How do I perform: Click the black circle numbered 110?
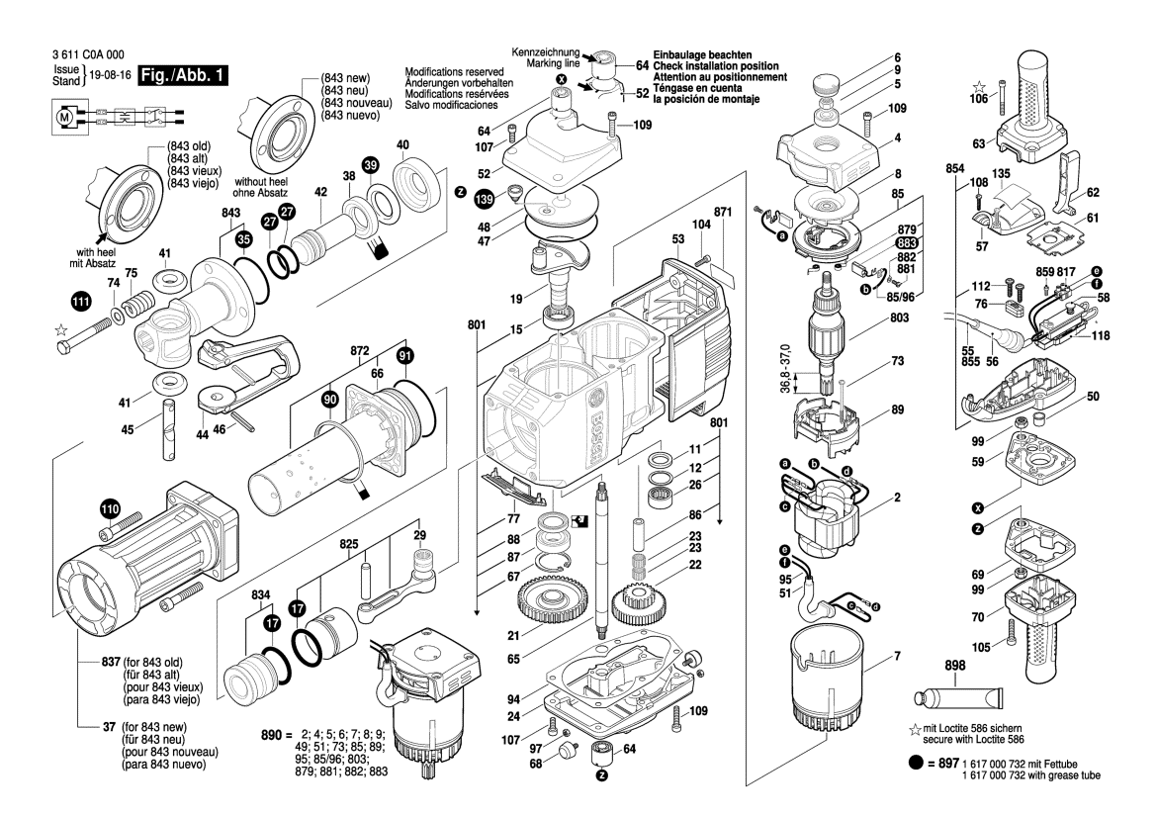[x=109, y=511]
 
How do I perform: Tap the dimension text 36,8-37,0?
[x=785, y=370]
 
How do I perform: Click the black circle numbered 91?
[x=404, y=355]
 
